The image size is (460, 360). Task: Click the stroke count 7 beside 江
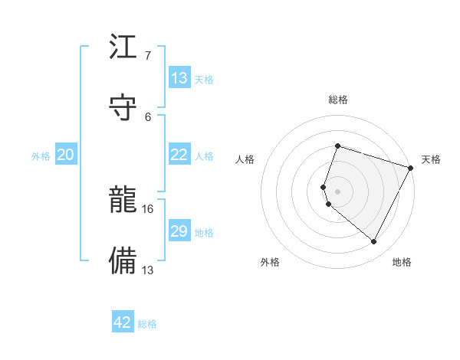pyautogui.click(x=147, y=55)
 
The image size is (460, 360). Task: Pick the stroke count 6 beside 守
pyautogui.click(x=148, y=116)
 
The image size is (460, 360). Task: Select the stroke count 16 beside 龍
pyautogui.click(x=149, y=208)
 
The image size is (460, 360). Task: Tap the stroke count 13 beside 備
pyautogui.click(x=149, y=269)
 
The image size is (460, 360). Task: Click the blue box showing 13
pyautogui.click(x=179, y=78)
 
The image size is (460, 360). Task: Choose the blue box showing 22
pyautogui.click(x=179, y=155)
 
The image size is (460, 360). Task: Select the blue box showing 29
pyautogui.click(x=179, y=231)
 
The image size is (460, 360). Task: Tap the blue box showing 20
pyautogui.click(x=66, y=155)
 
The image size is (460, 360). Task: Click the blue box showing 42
pyautogui.click(x=123, y=322)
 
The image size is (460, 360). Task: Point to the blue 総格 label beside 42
pyautogui.click(x=147, y=324)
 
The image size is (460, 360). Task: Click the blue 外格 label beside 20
pyautogui.click(x=41, y=156)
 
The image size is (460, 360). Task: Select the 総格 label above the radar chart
pyautogui.click(x=337, y=100)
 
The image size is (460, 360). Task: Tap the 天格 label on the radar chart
pyautogui.click(x=431, y=159)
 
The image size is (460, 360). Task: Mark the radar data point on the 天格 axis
pyautogui.click(x=412, y=168)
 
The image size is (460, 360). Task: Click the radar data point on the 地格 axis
pyautogui.click(x=373, y=242)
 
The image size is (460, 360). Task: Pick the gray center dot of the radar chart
pyautogui.click(x=337, y=191)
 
